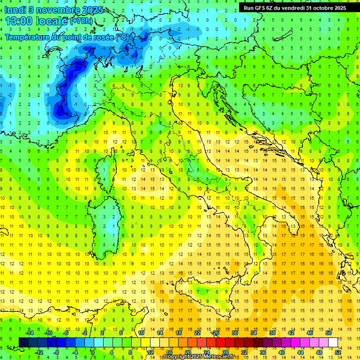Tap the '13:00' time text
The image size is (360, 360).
pos(18,21)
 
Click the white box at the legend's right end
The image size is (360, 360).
pos(333,342)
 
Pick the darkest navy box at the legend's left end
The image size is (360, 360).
pos(23,342)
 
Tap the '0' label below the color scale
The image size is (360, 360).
pos(93,352)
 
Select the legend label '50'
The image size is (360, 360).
pos(329,333)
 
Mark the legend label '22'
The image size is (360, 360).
pos(197,333)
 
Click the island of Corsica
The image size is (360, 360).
pos(112,166)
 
